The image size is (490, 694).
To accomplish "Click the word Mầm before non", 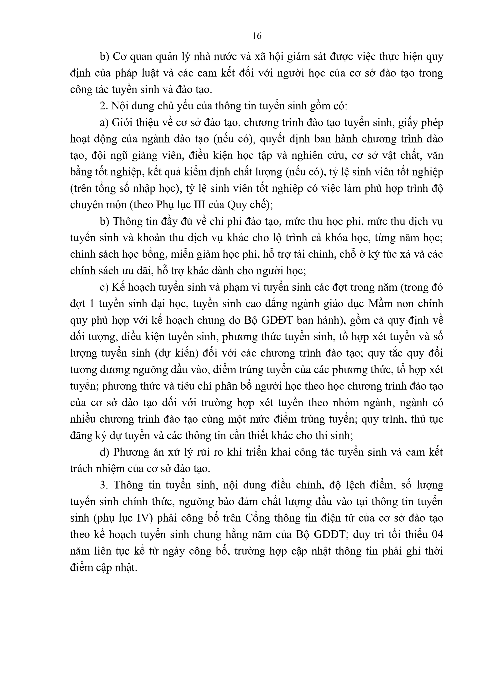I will coord(381,303).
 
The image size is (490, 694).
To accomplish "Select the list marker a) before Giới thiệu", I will coord(104,123).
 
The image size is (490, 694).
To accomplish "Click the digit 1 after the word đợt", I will coord(93,303).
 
